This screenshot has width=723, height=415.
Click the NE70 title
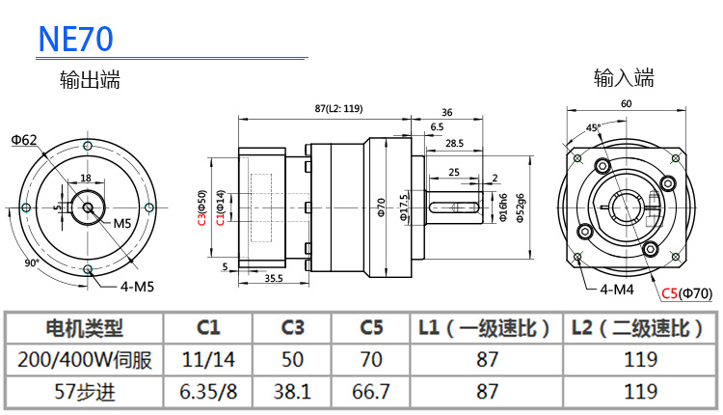76,38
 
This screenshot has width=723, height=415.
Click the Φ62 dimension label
25,140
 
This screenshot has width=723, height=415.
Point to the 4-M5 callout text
137,285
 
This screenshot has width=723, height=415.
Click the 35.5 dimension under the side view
273,278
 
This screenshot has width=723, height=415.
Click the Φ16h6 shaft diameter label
503,208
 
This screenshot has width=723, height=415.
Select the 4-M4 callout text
616,289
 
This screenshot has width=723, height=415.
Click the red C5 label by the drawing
670,292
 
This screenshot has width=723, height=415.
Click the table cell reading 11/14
208,360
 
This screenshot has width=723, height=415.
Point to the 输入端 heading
624,77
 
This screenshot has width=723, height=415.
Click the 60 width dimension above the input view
627,103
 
